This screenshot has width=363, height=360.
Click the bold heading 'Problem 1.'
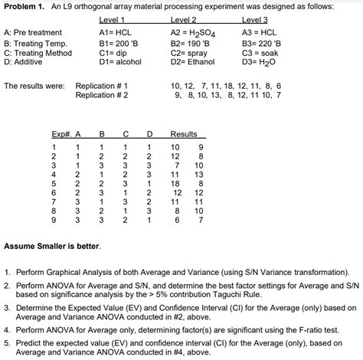click(25, 6)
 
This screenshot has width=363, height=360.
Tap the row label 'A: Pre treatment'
click(33, 32)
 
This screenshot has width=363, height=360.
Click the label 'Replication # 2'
click(102, 95)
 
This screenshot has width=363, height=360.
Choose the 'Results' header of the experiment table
click(184, 134)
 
